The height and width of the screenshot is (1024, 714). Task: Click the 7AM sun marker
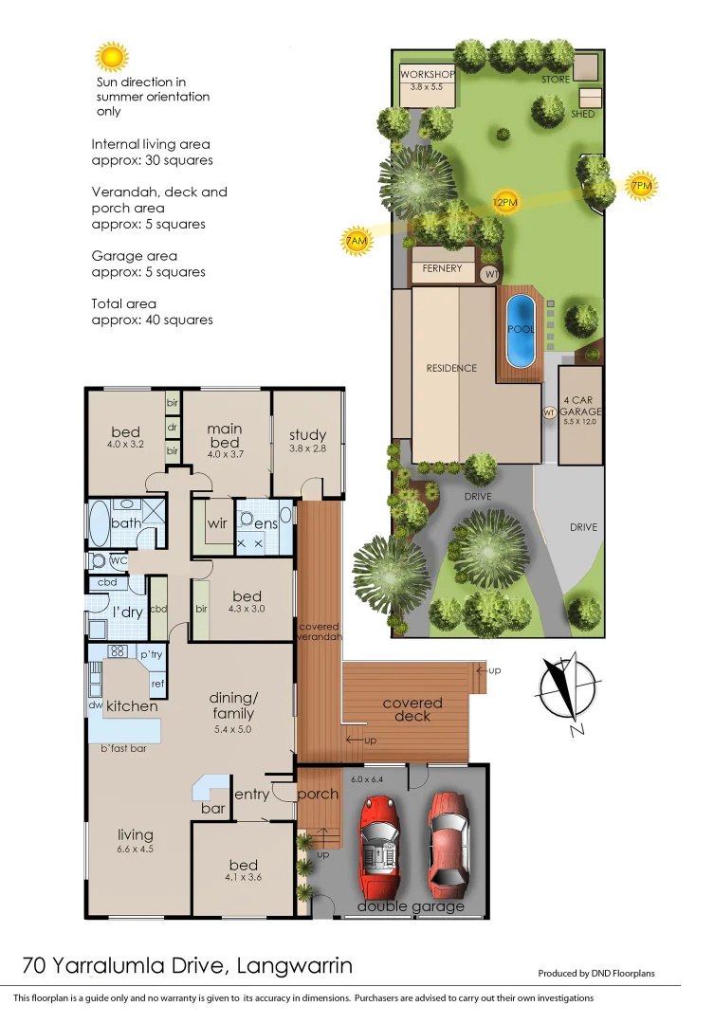click(x=356, y=243)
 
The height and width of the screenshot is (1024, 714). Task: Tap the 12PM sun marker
click(x=504, y=202)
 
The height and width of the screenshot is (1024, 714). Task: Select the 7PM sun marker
click(x=642, y=187)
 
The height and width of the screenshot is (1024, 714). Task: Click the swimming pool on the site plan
click(x=520, y=331)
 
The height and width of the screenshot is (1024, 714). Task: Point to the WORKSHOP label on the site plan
click(x=427, y=75)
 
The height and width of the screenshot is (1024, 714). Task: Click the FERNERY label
click(x=442, y=269)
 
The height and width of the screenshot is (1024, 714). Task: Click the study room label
click(x=308, y=436)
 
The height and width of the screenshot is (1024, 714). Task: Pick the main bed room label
click(x=225, y=435)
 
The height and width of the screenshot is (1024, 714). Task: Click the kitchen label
click(x=131, y=706)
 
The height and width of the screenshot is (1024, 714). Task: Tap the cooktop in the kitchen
click(x=119, y=651)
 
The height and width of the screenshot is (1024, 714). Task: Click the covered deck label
click(x=412, y=709)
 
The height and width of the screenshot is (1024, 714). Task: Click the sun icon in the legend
click(x=112, y=58)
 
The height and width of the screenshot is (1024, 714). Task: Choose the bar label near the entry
click(x=213, y=809)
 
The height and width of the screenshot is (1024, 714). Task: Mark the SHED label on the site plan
click(x=583, y=114)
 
